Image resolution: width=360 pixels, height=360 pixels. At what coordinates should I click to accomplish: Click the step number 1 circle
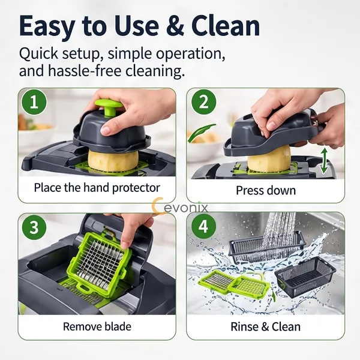pos(34,102)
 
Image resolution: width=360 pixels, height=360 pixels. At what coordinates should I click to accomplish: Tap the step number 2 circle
pos(204,102)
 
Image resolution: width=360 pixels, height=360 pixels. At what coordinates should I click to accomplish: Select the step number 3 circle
pos(34,227)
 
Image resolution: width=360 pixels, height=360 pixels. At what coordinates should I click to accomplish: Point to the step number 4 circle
pos(204,226)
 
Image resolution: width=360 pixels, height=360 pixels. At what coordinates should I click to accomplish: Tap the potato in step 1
pos(113,160)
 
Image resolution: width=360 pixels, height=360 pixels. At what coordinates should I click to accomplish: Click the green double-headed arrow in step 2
pos(324,160)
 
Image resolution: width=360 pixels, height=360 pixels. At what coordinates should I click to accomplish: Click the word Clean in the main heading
pos(226,25)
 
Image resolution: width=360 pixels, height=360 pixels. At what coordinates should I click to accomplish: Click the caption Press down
pos(266,191)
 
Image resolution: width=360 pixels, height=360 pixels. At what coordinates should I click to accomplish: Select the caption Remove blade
pos(97,326)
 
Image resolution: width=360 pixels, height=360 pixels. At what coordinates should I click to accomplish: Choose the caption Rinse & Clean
pos(265,326)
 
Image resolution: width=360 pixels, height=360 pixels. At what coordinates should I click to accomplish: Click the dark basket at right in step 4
pos(305,277)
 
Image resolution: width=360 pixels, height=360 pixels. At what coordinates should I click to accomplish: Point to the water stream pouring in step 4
pos(280,232)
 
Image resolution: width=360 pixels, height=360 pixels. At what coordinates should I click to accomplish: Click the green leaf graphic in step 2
pos(202,133)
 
